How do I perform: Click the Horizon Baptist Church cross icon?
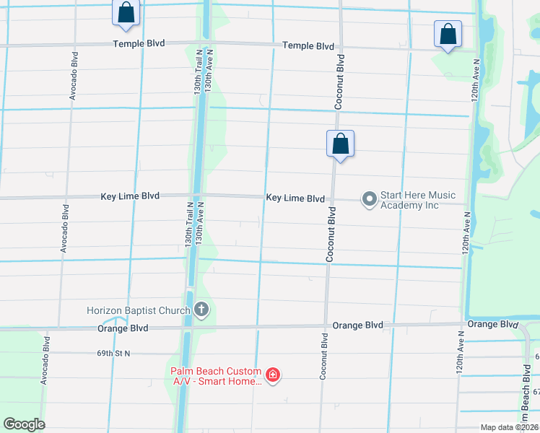pyautogui.click(x=201, y=310)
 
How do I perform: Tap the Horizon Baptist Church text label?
pyautogui.click(x=138, y=310)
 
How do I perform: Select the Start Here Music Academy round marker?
pyautogui.click(x=369, y=198)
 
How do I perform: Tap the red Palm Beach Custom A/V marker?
pyautogui.click(x=273, y=374)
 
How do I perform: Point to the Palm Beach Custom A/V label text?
pyautogui.click(x=216, y=376)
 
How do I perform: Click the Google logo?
pyautogui.click(x=24, y=424)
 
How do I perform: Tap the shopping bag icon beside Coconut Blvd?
pyautogui.click(x=340, y=144)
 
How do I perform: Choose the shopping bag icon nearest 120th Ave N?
pyautogui.click(x=448, y=33)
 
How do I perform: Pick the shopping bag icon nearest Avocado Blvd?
pyautogui.click(x=126, y=12)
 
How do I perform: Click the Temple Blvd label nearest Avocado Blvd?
pyautogui.click(x=139, y=43)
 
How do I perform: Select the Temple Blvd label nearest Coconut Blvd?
pyautogui.click(x=308, y=45)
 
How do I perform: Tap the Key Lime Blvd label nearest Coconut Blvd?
pyautogui.click(x=295, y=198)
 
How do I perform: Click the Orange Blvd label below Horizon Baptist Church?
pyautogui.click(x=123, y=328)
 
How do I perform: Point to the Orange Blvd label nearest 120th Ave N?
pyautogui.click(x=492, y=324)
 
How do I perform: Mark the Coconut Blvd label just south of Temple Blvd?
pyautogui.click(x=338, y=82)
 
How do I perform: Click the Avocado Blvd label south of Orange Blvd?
pyautogui.click(x=45, y=358)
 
